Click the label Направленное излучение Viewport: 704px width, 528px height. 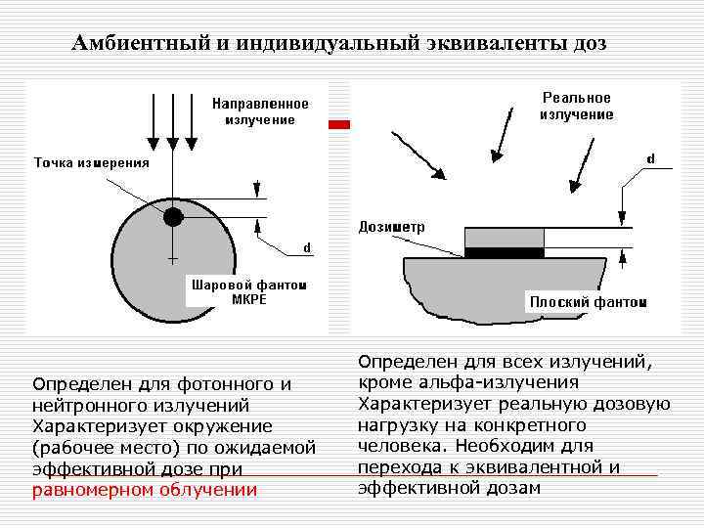point(260,111)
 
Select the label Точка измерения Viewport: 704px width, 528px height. point(92,163)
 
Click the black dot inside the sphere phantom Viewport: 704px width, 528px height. point(173,216)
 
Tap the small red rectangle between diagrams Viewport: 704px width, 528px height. point(338,125)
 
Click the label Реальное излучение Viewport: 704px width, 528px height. point(577,106)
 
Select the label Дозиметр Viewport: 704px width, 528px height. point(391,226)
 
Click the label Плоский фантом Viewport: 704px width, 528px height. point(588,302)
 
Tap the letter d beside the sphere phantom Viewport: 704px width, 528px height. point(306,247)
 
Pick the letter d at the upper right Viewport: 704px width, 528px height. point(651,157)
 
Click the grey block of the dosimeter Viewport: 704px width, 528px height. point(503,237)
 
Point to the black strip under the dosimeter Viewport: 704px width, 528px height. point(503,252)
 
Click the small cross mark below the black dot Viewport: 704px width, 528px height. point(173,260)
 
